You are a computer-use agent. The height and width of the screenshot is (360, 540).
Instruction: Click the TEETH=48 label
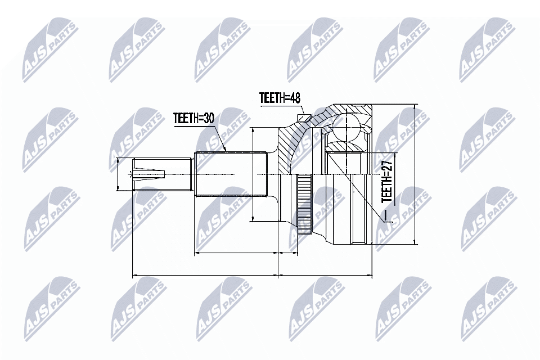(x=280, y=98)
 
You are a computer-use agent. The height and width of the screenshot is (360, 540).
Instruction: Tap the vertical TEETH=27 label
(x=386, y=181)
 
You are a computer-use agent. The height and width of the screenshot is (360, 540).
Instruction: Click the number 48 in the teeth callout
(x=294, y=98)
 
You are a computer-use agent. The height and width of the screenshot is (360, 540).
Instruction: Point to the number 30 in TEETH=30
(x=209, y=118)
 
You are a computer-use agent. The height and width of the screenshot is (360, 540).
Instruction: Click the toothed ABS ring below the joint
(x=304, y=205)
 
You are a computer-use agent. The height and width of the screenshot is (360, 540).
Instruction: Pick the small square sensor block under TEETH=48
(x=303, y=118)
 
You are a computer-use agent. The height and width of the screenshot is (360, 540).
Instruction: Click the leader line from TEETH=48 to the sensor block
(x=301, y=110)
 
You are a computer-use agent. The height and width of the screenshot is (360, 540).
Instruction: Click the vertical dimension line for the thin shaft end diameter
(x=118, y=174)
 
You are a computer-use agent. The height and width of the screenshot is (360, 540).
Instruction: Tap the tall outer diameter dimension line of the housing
(x=415, y=174)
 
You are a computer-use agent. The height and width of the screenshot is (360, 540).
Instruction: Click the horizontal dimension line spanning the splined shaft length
(x=236, y=254)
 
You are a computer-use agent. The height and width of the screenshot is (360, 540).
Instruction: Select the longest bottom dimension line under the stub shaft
(x=205, y=276)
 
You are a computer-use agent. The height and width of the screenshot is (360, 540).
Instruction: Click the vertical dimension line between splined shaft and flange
(x=254, y=174)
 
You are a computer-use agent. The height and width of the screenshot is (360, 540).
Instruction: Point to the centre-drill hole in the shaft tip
(x=141, y=174)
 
